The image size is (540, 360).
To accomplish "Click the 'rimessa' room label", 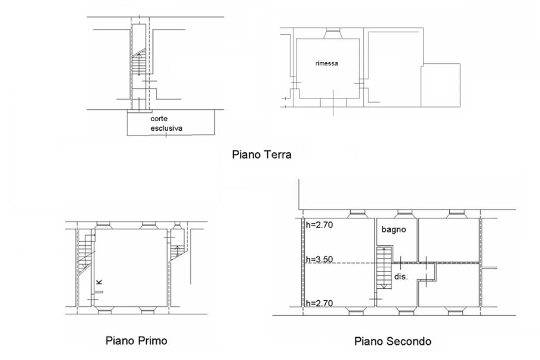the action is click(326, 63).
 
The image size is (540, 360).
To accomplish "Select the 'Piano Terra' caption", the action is click(262, 155).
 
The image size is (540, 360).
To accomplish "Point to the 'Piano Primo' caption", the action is click(136, 340).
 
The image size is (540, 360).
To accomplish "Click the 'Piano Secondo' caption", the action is click(393, 342).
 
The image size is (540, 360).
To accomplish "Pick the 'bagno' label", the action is click(393, 230).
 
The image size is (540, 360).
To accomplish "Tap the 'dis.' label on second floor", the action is click(401, 277).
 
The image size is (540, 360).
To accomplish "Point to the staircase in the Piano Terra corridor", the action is click(138, 64).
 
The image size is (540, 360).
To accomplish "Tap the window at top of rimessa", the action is click(333, 35).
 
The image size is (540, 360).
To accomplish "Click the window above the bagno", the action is click(404, 214).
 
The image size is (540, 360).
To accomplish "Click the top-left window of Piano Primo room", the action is click(103, 225).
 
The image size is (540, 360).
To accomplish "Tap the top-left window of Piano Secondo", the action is click(357, 214).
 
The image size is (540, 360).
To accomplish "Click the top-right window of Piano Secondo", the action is click(455, 214).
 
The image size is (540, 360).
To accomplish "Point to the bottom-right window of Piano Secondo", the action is click(455, 310).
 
